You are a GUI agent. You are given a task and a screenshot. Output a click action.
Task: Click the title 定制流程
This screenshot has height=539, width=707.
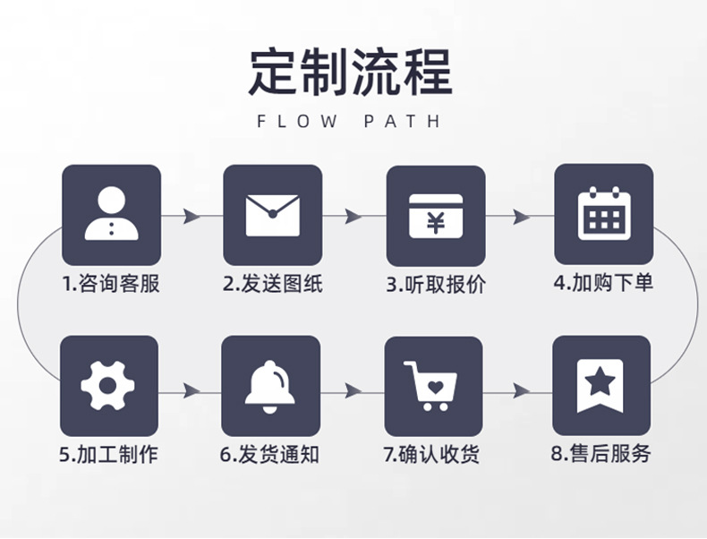point(351,71)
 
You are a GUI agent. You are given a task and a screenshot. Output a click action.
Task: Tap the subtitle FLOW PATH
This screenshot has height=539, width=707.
point(350,122)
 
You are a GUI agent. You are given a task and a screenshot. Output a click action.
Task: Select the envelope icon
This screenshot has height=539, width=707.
point(272,214)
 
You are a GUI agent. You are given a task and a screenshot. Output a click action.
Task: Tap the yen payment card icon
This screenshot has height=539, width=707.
point(435,215)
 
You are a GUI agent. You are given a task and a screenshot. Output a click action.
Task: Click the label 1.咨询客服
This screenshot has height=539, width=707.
point(111,285)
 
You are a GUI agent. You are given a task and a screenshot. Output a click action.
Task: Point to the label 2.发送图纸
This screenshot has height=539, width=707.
point(272,285)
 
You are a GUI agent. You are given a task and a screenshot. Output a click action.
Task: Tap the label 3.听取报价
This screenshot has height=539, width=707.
point(435,285)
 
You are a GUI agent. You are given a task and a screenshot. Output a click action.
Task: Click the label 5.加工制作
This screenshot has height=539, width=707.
point(108,454)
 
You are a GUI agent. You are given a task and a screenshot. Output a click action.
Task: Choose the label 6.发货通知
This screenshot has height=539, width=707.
point(270,454)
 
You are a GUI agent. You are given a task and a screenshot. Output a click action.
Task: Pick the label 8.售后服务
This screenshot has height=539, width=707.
point(600,454)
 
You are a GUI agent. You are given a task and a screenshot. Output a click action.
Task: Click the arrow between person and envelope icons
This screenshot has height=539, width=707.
point(191,216)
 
